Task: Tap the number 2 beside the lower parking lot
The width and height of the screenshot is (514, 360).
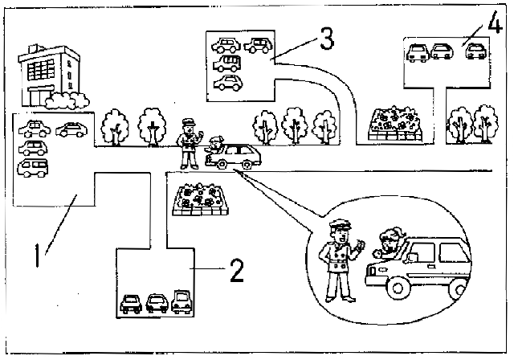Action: pyautogui.click(x=236, y=272)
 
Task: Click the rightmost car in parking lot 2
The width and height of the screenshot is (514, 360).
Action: pyautogui.click(x=181, y=301)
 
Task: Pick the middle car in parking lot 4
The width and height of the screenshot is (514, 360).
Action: pyautogui.click(x=443, y=52)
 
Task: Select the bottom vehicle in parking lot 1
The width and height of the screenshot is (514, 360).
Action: pyautogui.click(x=33, y=167)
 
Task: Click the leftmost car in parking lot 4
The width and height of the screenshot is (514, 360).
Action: pyautogui.click(x=418, y=53)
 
